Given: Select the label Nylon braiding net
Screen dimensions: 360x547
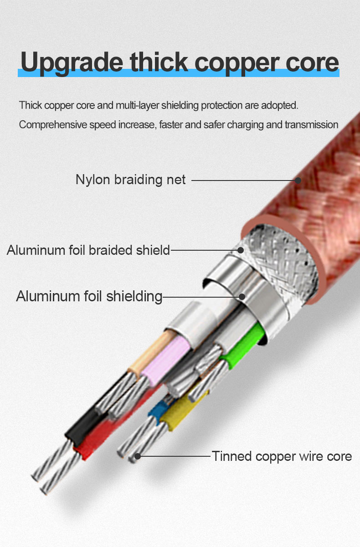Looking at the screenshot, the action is pyautogui.click(x=131, y=180).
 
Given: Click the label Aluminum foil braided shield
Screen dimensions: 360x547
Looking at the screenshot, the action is pyautogui.click(x=88, y=250).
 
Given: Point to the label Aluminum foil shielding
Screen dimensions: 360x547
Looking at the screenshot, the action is pyautogui.click(x=89, y=297).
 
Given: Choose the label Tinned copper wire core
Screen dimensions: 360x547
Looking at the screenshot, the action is pyautogui.click(x=282, y=456).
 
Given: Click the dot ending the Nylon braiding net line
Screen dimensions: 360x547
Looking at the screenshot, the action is pyautogui.click(x=298, y=181).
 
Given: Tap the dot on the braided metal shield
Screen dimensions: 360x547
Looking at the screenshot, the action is pyautogui.click(x=241, y=250).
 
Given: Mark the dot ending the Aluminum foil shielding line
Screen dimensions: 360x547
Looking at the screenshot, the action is pyautogui.click(x=242, y=297).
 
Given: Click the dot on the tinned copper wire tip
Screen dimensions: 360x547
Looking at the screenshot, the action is pyautogui.click(x=138, y=456).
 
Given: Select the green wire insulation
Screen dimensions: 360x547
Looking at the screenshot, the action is pyautogui.click(x=244, y=347).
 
